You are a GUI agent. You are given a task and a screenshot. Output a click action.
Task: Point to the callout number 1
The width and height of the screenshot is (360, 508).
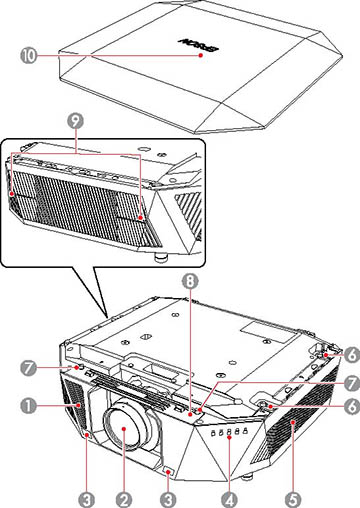pyautogui.click(x=32, y=407)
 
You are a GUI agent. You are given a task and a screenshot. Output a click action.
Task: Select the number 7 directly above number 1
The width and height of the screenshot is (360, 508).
pyautogui.click(x=32, y=367)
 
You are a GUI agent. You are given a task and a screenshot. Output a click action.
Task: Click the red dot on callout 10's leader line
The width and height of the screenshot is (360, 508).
pyautogui.click(x=202, y=58)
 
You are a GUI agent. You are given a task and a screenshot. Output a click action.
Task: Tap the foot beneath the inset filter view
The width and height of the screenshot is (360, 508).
pyautogui.click(x=160, y=254)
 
